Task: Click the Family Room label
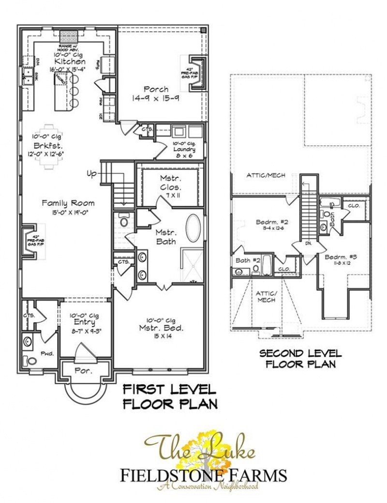tap(68, 203)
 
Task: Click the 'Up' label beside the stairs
tap(92, 173)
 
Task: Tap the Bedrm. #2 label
tap(272, 223)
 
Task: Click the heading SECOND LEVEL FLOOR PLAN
tap(300, 359)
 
